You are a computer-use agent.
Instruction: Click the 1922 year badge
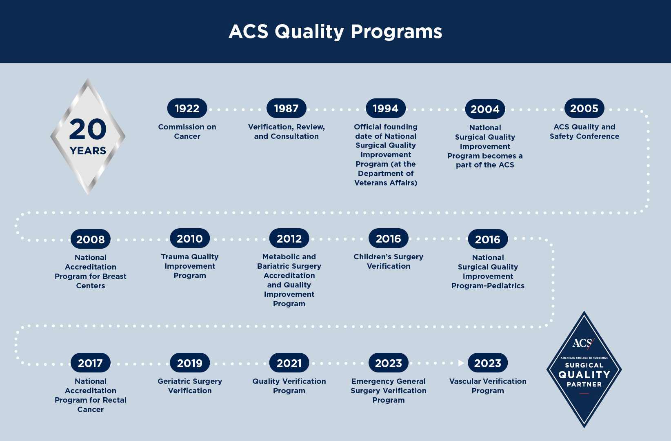tap(187, 108)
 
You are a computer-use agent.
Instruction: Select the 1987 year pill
tap(287, 108)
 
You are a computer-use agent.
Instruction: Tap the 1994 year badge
tap(386, 108)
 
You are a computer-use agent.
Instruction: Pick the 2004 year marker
tap(485, 109)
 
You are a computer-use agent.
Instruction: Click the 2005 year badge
tap(584, 108)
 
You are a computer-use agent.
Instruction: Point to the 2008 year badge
tap(91, 239)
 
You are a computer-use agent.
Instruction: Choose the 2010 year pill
tap(190, 238)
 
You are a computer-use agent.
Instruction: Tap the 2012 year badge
tap(289, 238)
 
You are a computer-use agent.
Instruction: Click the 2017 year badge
tap(91, 363)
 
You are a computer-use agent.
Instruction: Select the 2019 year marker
tap(190, 363)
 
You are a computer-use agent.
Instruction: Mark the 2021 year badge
tap(289, 363)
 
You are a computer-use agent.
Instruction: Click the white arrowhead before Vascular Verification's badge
tap(461, 363)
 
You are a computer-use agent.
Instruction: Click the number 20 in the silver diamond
tap(88, 129)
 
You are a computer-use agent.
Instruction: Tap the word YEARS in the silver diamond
tap(88, 150)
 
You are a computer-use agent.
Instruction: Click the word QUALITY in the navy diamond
tap(584, 374)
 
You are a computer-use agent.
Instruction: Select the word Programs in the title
tap(396, 32)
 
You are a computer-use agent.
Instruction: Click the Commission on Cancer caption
tap(187, 131)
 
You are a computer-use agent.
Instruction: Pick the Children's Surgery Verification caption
tap(389, 261)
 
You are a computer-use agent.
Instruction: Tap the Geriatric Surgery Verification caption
tap(190, 386)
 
